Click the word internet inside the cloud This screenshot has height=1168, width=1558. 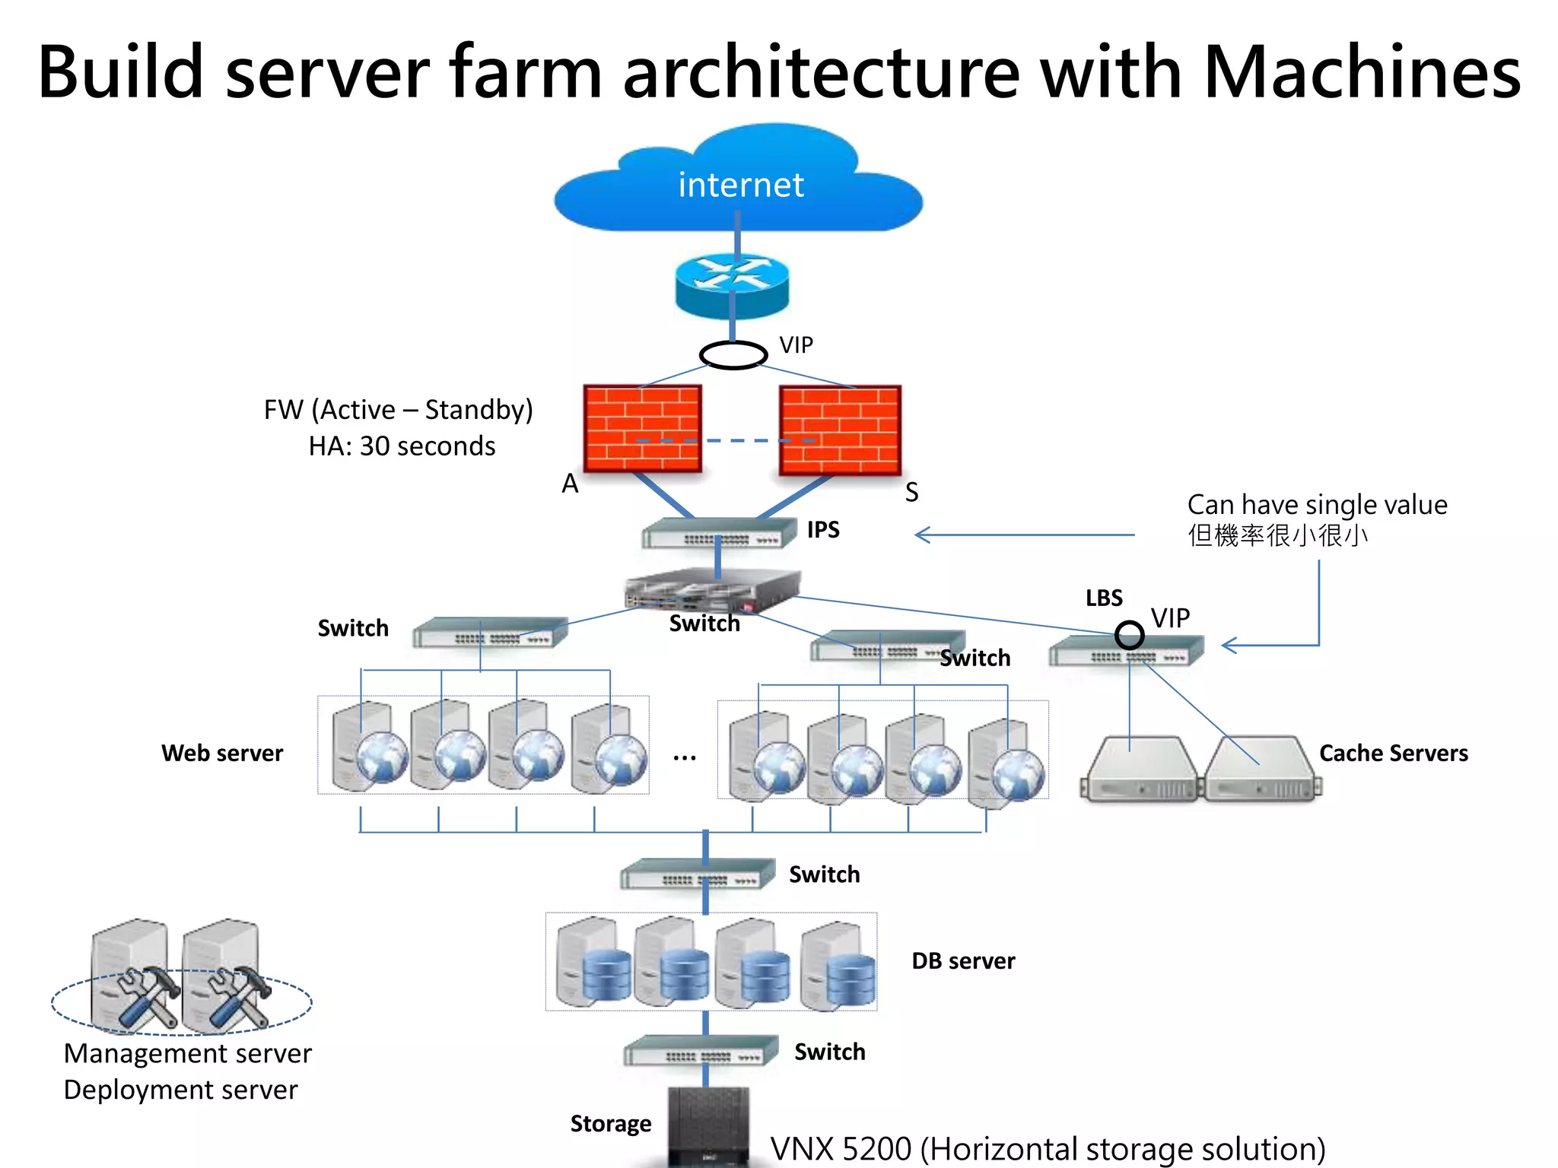[740, 185]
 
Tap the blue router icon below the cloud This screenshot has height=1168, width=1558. [732, 285]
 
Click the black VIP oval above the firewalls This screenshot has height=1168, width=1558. [733, 354]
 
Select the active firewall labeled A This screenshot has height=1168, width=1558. [642, 428]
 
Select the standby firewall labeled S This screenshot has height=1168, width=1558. [840, 430]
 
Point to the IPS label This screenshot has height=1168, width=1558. [823, 529]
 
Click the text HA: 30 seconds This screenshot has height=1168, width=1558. [402, 446]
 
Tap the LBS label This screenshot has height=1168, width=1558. [1104, 598]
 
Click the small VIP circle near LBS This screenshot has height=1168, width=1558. [1129, 634]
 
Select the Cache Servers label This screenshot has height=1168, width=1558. [1393, 753]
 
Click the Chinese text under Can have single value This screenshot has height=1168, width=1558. [1278, 535]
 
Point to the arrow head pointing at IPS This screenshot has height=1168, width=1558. [922, 535]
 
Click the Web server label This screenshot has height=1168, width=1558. [222, 753]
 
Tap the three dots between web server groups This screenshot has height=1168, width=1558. [685, 757]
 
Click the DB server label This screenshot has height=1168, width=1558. [963, 961]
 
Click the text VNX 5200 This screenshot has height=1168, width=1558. [841, 1148]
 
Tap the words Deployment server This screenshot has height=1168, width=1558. [180, 1090]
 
